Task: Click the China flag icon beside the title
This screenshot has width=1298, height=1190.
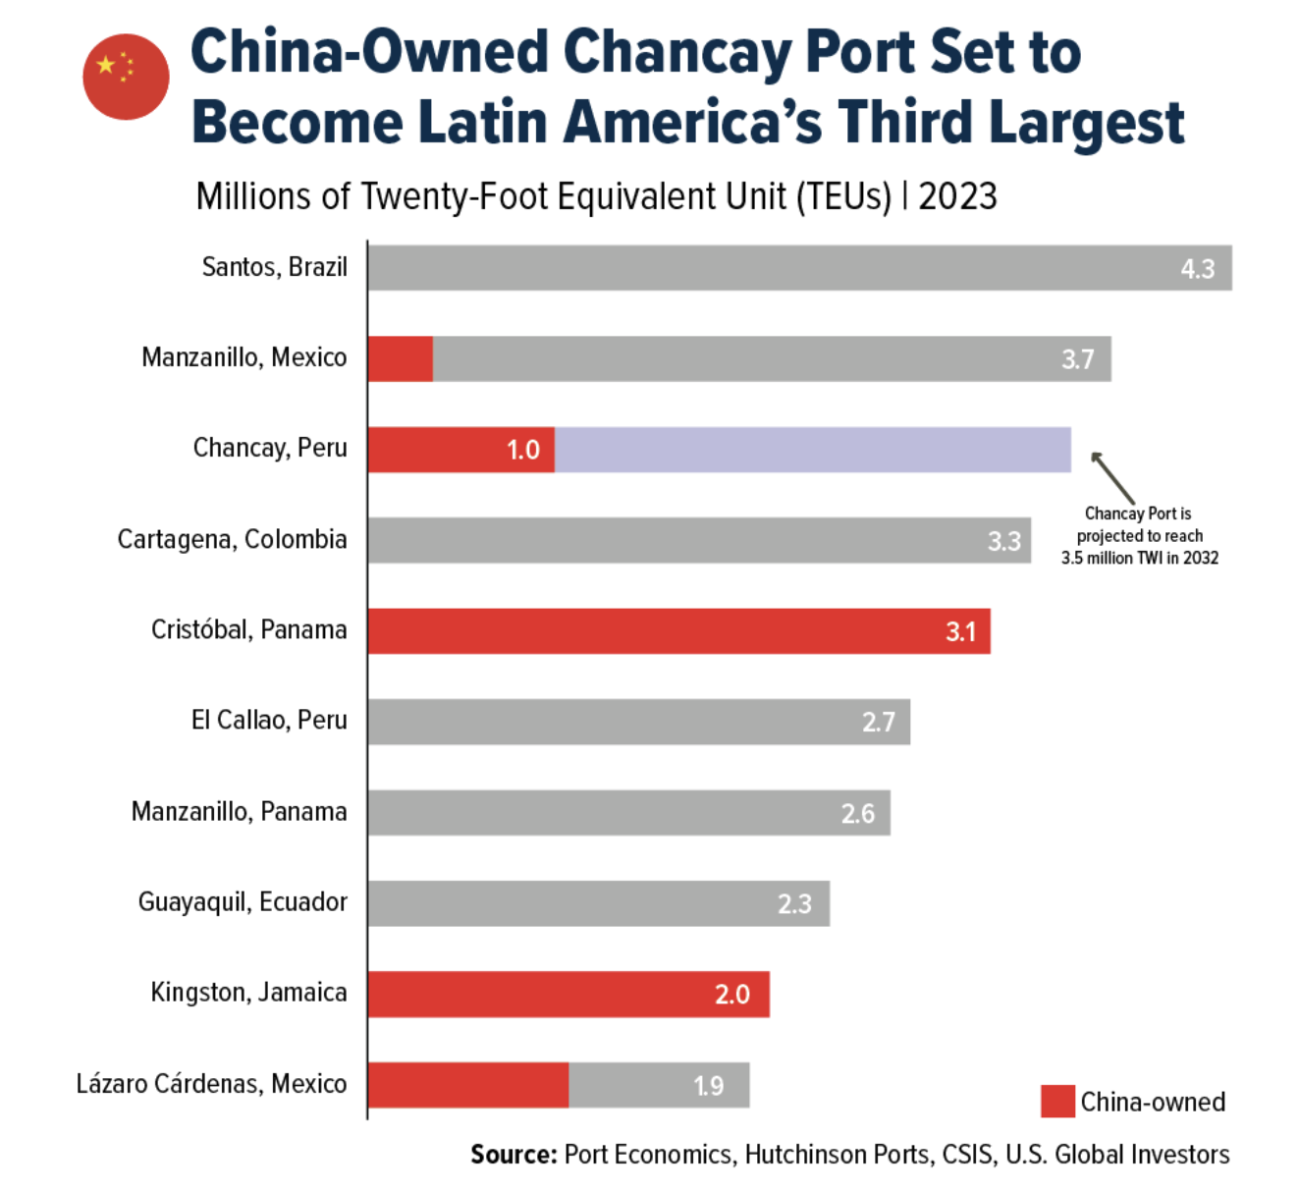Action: (126, 77)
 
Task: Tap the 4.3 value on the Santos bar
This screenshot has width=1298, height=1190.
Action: (1197, 269)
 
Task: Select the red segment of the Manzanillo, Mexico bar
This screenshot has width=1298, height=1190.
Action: (401, 358)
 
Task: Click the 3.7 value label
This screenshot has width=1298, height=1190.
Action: (1077, 359)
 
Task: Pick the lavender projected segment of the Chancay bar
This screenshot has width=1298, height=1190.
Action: (812, 450)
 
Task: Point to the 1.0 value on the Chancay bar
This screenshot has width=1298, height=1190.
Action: (522, 450)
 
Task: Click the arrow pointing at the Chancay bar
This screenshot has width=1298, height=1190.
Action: (1112, 477)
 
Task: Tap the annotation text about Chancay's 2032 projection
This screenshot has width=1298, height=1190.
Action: (1139, 535)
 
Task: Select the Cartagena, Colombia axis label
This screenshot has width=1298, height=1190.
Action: (232, 539)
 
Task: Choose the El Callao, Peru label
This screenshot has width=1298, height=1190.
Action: (269, 720)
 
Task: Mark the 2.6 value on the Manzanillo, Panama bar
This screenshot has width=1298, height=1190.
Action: (857, 813)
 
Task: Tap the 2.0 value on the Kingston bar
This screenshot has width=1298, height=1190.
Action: (731, 995)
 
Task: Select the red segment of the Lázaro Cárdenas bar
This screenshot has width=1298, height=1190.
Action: (468, 1085)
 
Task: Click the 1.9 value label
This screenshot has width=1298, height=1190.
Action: (708, 1086)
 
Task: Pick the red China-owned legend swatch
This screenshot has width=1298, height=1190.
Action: (1057, 1102)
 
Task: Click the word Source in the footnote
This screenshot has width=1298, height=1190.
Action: (514, 1155)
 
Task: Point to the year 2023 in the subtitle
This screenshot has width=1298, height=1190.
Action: (957, 196)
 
